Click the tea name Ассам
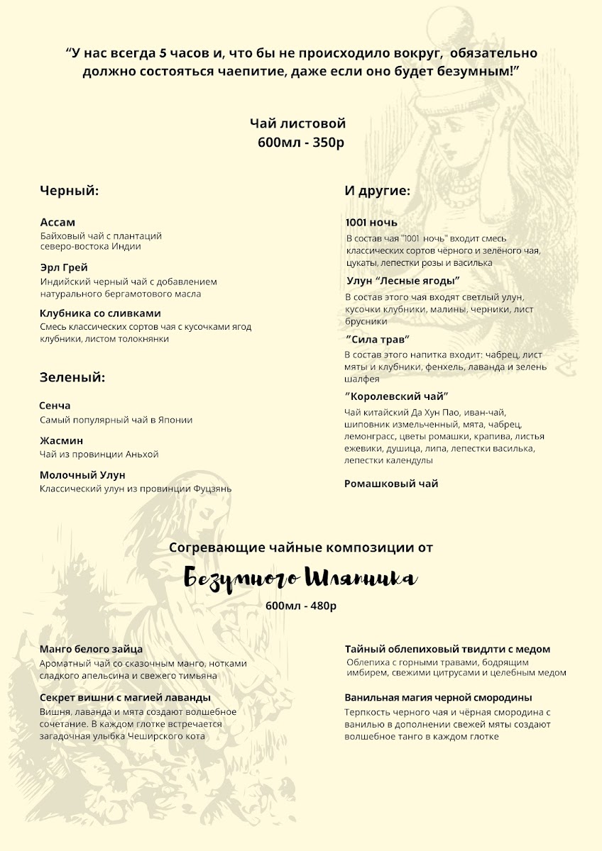(58, 222)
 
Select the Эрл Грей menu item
(64, 267)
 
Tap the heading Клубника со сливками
(100, 313)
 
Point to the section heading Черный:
(68, 191)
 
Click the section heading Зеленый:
(72, 377)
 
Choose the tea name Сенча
(55, 406)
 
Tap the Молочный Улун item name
(82, 475)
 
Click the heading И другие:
(378, 191)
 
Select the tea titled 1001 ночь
(371, 223)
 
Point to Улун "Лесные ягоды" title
(403, 281)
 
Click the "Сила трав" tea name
(378, 339)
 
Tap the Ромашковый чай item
(391, 484)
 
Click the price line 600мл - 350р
(301, 143)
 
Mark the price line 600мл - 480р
(301, 606)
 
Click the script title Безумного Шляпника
(301, 578)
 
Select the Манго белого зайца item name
(92, 649)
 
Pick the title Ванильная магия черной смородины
(438, 697)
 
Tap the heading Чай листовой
(297, 124)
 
